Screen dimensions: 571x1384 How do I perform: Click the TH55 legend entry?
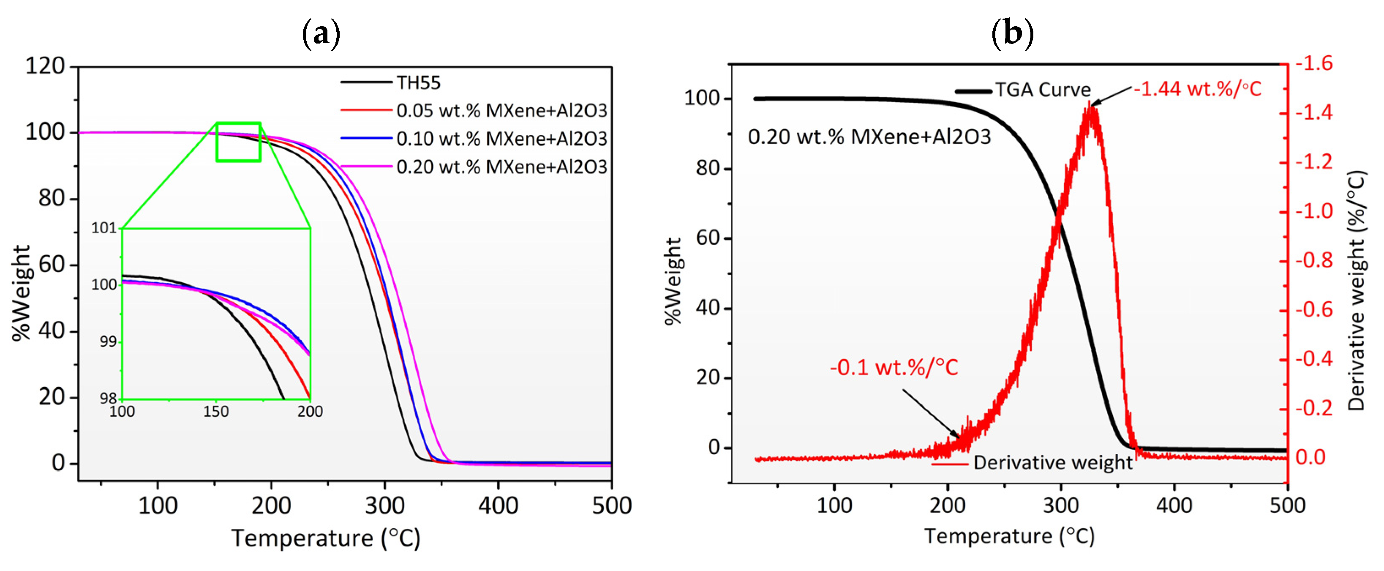point(418,83)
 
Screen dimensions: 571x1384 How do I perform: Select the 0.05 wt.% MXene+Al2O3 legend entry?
point(501,111)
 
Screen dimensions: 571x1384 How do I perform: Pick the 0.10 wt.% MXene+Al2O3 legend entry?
point(501,139)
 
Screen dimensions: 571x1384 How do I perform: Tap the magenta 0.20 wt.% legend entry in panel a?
point(501,167)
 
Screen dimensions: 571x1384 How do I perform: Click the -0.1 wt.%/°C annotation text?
point(894,368)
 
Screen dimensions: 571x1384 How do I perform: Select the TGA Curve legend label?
point(1043,90)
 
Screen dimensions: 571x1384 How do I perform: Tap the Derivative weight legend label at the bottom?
point(1052,462)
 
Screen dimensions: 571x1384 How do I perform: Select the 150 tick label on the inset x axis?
point(216,412)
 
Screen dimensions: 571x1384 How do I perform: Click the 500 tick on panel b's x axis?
point(1287,505)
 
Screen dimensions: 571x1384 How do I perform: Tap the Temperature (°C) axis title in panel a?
point(326,538)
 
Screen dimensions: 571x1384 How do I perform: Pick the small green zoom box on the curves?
point(239,142)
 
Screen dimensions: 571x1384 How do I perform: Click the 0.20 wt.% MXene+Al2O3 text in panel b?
point(869,137)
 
